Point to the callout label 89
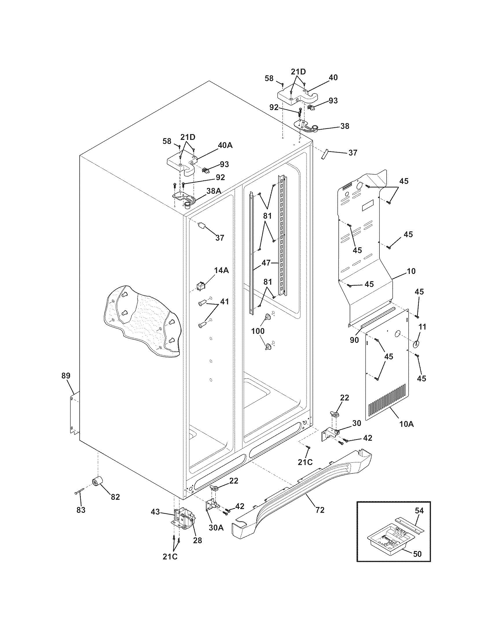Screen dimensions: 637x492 click(x=66, y=376)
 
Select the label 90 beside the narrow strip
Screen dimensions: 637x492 click(x=354, y=340)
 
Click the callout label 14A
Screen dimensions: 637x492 click(x=221, y=270)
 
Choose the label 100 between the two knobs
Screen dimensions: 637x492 click(x=258, y=331)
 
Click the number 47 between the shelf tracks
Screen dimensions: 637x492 click(x=266, y=263)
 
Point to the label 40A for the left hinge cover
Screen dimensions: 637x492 click(x=225, y=145)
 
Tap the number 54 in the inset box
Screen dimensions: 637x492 click(x=419, y=511)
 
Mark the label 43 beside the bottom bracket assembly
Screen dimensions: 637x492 click(x=155, y=512)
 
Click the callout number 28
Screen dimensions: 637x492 click(x=197, y=540)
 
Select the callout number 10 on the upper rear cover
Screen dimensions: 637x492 click(x=411, y=271)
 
